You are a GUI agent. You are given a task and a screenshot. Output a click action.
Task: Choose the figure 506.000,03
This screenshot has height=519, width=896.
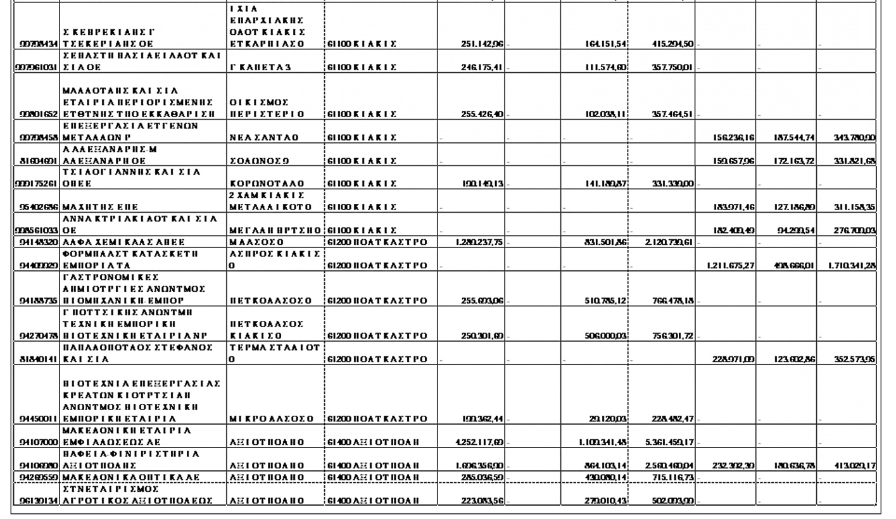click(x=605, y=336)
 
